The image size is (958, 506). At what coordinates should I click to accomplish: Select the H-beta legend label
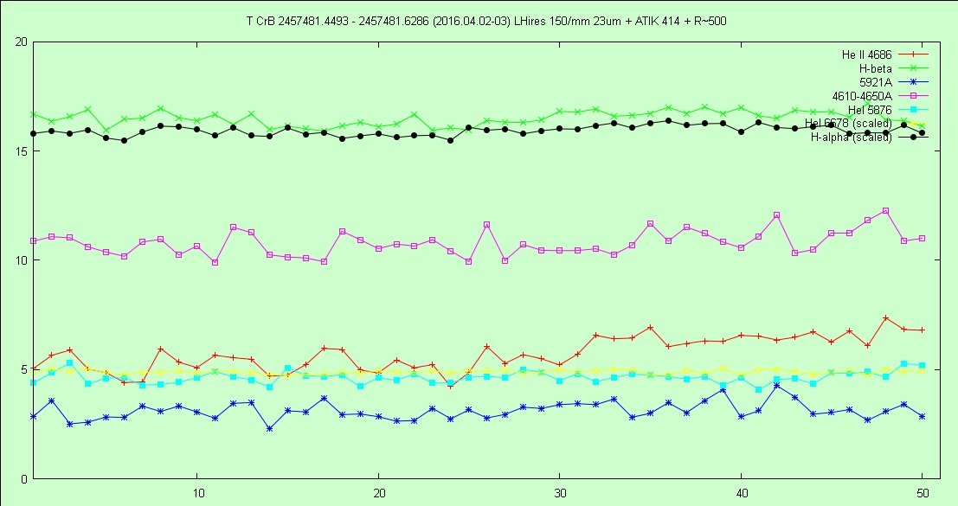pyautogui.click(x=875, y=68)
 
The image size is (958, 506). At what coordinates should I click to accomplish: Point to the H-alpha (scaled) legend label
pyautogui.click(x=851, y=138)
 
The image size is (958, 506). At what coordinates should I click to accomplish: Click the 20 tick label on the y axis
pyautogui.click(x=21, y=42)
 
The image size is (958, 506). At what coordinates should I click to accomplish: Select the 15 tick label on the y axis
pyautogui.click(x=21, y=151)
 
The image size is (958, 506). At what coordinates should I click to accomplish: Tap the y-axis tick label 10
pyautogui.click(x=21, y=260)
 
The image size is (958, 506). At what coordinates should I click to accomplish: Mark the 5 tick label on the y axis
pyautogui.click(x=24, y=369)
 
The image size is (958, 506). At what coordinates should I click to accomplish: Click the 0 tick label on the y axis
pyautogui.click(x=24, y=478)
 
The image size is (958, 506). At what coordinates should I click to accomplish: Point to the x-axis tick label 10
pyautogui.click(x=197, y=491)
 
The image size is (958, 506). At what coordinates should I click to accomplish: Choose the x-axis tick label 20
pyautogui.click(x=378, y=491)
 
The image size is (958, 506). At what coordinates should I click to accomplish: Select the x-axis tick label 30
pyautogui.click(x=560, y=491)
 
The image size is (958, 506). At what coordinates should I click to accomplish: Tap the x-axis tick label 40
pyautogui.click(x=741, y=491)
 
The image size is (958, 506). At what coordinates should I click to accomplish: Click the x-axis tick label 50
pyautogui.click(x=922, y=491)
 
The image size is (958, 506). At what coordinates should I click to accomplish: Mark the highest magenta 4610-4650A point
pyautogui.click(x=885, y=210)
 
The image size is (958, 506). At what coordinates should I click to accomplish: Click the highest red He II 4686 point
pyautogui.click(x=885, y=318)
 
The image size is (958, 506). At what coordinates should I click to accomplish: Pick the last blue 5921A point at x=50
pyautogui.click(x=922, y=416)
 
